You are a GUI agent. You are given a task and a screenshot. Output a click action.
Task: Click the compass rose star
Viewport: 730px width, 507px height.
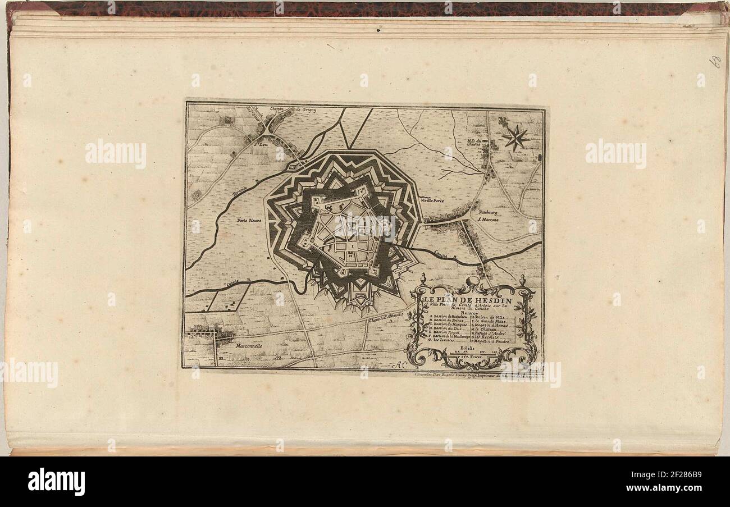[515, 137]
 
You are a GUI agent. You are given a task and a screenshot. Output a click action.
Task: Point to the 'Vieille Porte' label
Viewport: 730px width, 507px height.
[432, 200]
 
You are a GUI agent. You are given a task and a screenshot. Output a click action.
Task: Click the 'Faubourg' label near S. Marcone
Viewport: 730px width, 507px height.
[488, 213]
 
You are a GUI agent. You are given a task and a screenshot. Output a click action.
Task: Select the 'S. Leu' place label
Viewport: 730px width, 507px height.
[259, 143]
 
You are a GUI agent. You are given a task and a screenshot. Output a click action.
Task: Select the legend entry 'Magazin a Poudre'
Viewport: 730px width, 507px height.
[491, 341]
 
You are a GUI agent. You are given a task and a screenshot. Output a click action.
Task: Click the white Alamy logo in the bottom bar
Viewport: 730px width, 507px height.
[56, 482]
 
